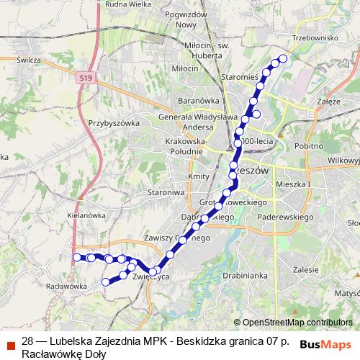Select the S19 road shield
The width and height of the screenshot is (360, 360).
[x=86, y=76]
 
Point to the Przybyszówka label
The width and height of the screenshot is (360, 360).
[x=114, y=123]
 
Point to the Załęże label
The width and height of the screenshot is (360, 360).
[x=328, y=102]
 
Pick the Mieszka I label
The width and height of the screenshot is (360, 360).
[x=293, y=184]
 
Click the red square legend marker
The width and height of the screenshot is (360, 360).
[x=9, y=344]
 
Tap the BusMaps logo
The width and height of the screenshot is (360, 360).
[x=325, y=344]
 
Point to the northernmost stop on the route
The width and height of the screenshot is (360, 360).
[x=283, y=58]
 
